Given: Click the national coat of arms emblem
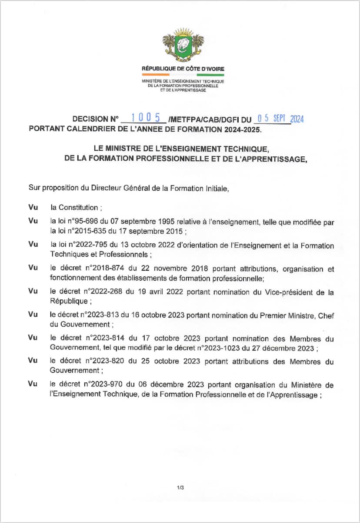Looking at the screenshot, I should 183,47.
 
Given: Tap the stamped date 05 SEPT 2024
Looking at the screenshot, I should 280,118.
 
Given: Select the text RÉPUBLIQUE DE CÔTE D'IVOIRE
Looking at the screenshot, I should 183,69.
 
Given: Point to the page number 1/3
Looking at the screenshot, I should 180,488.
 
